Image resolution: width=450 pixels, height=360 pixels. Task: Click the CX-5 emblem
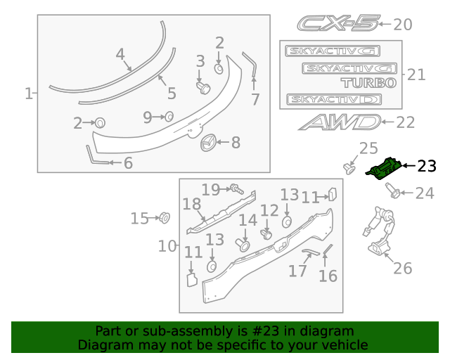[x=337, y=24]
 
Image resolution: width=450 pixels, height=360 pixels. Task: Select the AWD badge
[x=339, y=122]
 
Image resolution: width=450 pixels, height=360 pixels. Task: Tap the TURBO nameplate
[x=368, y=82]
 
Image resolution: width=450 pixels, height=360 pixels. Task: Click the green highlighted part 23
[x=385, y=169]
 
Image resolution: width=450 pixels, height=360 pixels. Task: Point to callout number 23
[x=426, y=166]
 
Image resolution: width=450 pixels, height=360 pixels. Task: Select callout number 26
[x=402, y=268]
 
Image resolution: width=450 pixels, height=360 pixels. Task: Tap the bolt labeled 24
[x=392, y=191]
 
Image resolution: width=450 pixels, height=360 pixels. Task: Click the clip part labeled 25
[x=348, y=167]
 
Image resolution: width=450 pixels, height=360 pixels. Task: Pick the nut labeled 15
[x=164, y=217]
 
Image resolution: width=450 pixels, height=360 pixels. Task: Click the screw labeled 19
[x=236, y=188]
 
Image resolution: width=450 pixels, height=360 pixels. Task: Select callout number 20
[x=402, y=25]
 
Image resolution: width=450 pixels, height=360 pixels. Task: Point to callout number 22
[x=406, y=122]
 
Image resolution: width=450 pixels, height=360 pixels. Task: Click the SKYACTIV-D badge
[x=334, y=99]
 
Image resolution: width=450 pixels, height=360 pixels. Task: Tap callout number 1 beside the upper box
[x=29, y=94]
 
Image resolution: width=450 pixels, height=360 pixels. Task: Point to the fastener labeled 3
[x=203, y=86]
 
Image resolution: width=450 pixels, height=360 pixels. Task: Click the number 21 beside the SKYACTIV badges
[x=416, y=75]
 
